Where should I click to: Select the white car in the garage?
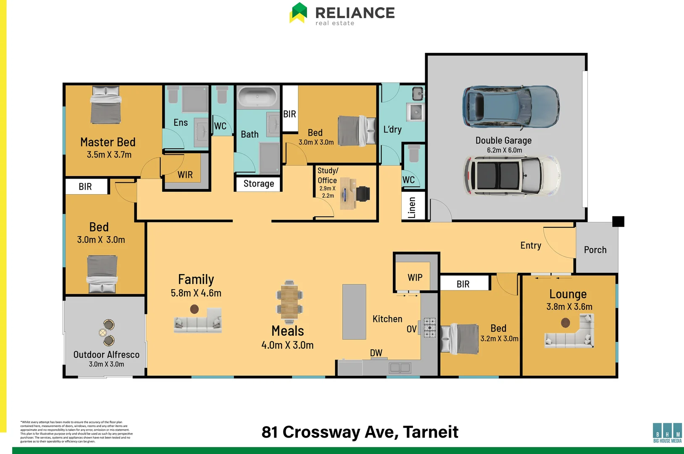coord(512,176)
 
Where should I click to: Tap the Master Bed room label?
coord(108,142)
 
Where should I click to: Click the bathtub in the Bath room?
coord(258,97)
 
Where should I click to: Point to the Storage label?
coord(258,184)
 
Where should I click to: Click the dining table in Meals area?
coord(289,299)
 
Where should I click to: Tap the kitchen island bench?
coord(354,311)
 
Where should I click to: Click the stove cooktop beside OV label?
coord(429,327)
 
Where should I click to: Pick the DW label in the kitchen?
coord(376,353)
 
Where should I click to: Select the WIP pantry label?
coord(415,277)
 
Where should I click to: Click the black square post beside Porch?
coord(618,221)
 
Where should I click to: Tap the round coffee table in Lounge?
coord(566,323)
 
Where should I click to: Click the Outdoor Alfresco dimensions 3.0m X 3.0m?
coord(106,364)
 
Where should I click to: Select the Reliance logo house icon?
coord(299,13)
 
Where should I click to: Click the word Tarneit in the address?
coord(431,432)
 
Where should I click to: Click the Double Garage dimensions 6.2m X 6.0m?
coord(504,150)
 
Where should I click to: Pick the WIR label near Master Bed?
coord(185,175)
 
